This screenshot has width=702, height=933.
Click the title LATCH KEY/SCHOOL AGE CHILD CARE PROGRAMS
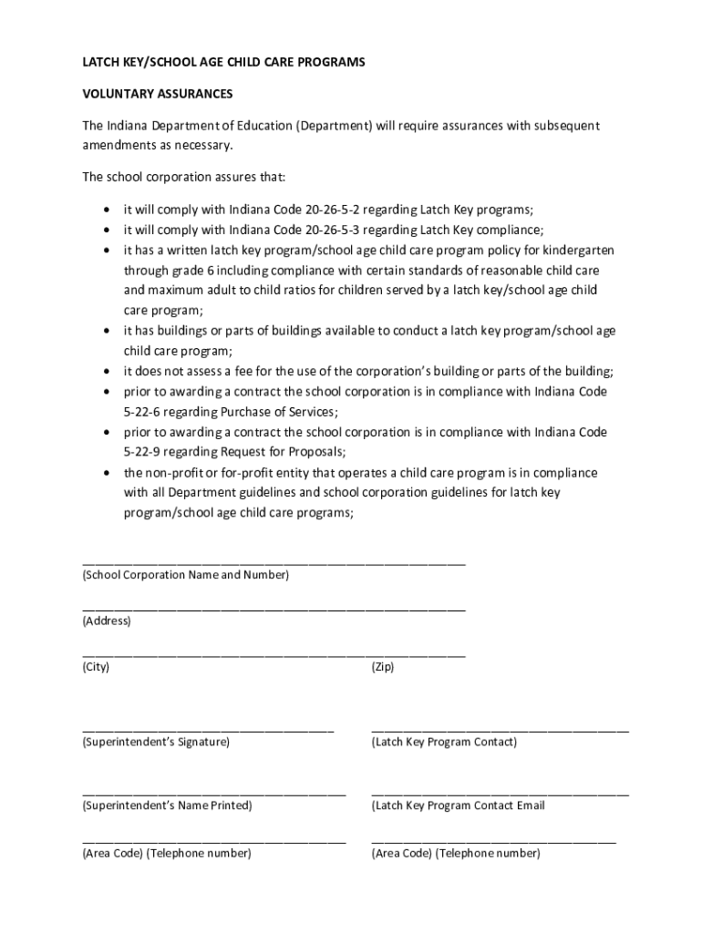pos(223,62)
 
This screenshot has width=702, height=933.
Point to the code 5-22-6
pos(143,412)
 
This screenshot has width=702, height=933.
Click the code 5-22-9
pos(143,453)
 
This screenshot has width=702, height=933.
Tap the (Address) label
pos(107,621)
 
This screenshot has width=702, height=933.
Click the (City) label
pos(96,667)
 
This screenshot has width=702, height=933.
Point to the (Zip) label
pos(383,667)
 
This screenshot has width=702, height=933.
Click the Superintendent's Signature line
pos(208,730)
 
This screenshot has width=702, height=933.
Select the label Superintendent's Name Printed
pos(167,805)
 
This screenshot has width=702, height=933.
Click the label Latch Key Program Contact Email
pos(458,805)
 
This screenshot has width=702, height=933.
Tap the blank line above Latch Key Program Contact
pos(500,730)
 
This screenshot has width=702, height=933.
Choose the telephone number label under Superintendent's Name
pos(167,854)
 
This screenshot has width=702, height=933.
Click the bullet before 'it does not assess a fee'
pos(108,371)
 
